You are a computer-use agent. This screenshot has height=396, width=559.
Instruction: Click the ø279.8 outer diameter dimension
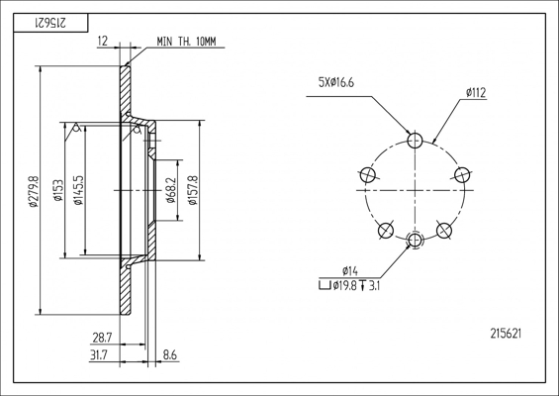34,192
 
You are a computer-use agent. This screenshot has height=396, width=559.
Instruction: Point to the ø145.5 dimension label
78,192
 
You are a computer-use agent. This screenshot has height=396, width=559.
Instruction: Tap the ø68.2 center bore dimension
171,192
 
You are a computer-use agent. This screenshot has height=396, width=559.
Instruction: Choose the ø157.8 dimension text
194,192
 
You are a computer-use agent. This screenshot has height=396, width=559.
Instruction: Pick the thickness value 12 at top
104,43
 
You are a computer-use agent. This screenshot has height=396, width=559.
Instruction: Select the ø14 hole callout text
349,271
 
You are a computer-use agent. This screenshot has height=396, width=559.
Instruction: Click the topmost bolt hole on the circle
416,140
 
